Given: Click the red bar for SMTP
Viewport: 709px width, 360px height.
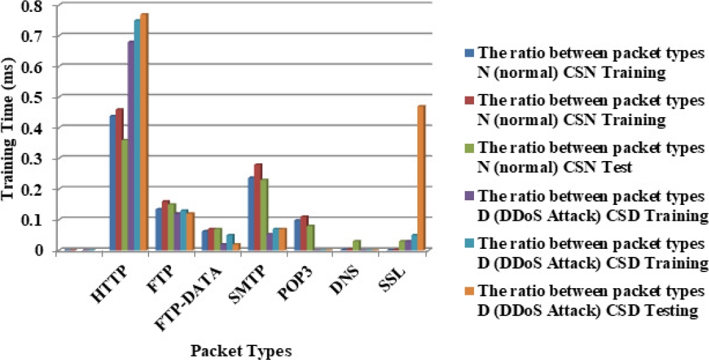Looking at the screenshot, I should point(258,206).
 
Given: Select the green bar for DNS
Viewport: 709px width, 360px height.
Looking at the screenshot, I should point(356,245).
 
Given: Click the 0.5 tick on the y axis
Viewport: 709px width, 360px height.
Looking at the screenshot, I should point(32,96).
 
